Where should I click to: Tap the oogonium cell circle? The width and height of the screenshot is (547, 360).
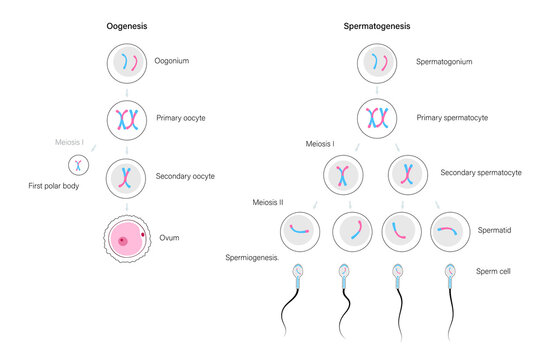[128, 63]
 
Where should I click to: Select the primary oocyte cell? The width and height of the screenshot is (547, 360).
[128, 119]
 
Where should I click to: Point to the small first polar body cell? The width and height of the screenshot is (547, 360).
[77, 163]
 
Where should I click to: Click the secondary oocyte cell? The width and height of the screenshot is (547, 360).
[128, 176]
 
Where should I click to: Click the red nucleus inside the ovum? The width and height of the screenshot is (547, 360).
[123, 241]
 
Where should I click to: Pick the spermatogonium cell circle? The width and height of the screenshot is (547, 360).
[379, 63]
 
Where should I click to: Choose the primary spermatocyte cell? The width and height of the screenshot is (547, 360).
[379, 119]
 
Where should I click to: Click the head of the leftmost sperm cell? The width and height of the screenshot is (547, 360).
[300, 270]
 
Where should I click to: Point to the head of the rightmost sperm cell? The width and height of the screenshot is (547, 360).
[448, 270]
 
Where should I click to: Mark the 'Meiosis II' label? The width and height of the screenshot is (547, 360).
[267, 203]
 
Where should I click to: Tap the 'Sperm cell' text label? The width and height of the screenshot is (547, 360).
[493, 270]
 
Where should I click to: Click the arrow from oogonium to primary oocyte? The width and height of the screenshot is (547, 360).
[128, 91]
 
